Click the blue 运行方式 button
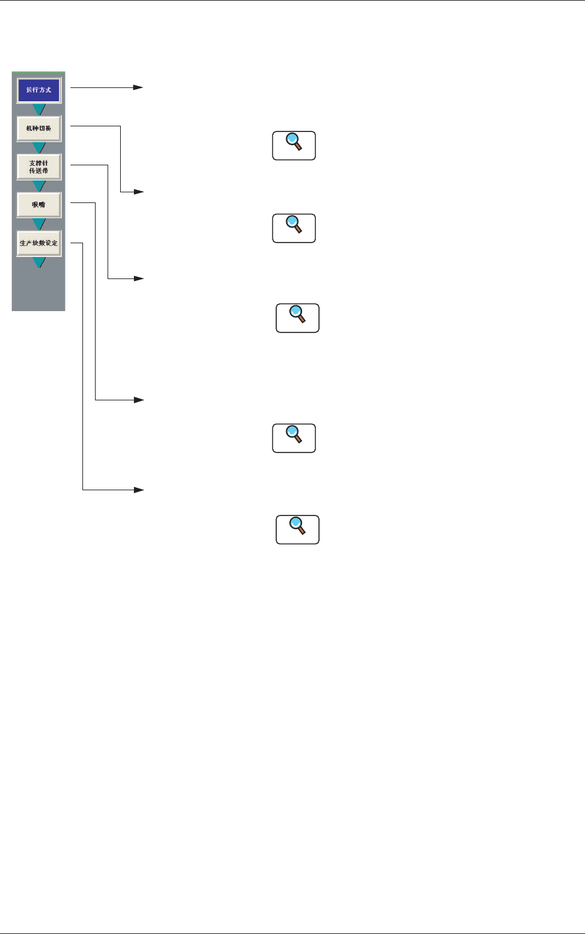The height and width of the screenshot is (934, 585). [38, 90]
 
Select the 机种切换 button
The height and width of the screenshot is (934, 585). [38, 128]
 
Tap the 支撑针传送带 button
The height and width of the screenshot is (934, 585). [38, 167]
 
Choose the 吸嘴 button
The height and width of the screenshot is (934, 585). [38, 205]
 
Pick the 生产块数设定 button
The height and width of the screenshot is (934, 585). [38, 243]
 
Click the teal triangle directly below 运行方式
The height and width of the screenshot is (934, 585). [39, 109]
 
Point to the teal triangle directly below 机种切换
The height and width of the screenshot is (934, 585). [39, 148]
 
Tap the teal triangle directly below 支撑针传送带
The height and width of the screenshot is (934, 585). [39, 186]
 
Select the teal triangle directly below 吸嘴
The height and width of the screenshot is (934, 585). [39, 224]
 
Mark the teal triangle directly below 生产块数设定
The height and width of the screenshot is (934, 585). [39, 262]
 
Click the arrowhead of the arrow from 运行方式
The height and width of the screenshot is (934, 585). [139, 87]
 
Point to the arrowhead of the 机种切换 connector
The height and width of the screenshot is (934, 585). [139, 191]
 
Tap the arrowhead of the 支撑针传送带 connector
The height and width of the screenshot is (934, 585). [139, 278]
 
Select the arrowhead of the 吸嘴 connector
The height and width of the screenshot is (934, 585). [139, 400]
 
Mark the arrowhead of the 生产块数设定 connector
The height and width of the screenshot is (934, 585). [139, 490]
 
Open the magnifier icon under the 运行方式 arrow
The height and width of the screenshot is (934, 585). [294, 146]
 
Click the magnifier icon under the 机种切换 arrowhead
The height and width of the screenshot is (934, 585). [294, 228]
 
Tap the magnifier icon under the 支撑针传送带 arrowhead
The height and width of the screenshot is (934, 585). [298, 318]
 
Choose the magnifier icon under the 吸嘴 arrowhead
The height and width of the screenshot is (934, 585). [294, 438]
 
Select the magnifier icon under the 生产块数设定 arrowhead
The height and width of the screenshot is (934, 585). [298, 529]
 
